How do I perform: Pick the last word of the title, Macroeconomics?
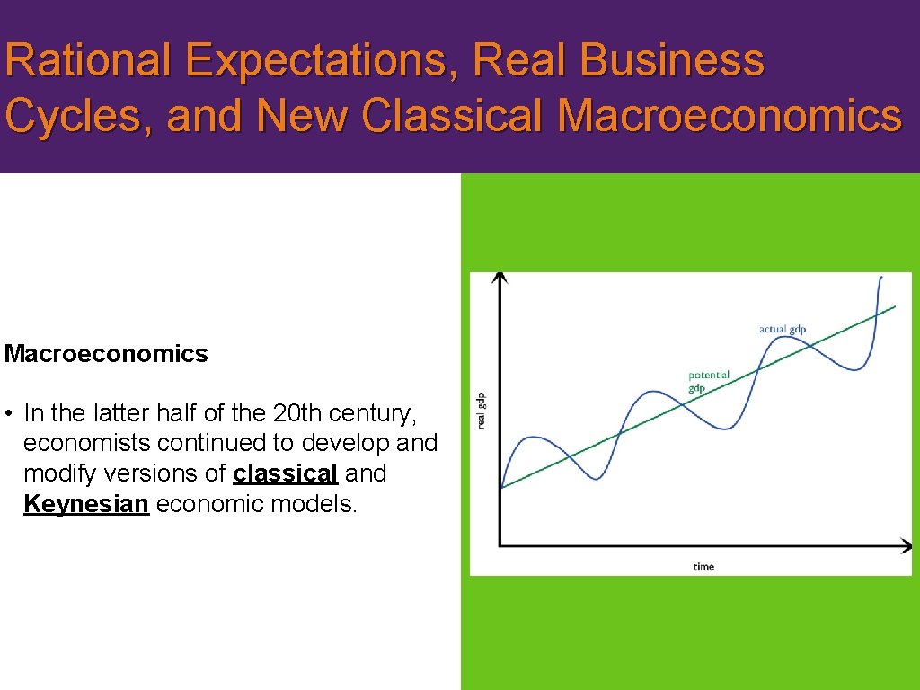(x=729, y=116)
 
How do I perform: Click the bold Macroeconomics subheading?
(x=106, y=354)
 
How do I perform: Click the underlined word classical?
(x=285, y=473)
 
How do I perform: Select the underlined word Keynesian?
(x=85, y=504)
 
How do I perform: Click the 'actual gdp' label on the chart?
(x=783, y=329)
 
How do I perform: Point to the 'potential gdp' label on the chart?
(x=709, y=381)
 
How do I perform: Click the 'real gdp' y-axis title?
(x=481, y=410)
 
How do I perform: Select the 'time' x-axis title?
(x=703, y=566)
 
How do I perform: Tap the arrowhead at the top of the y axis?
(x=500, y=278)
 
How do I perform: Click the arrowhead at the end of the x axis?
(x=905, y=544)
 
